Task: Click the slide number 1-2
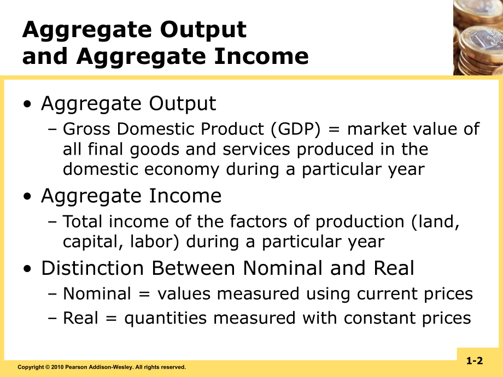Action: (x=475, y=361)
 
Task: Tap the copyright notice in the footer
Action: (x=102, y=367)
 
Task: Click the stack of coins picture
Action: (x=477, y=37)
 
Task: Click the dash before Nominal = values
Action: (x=53, y=294)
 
